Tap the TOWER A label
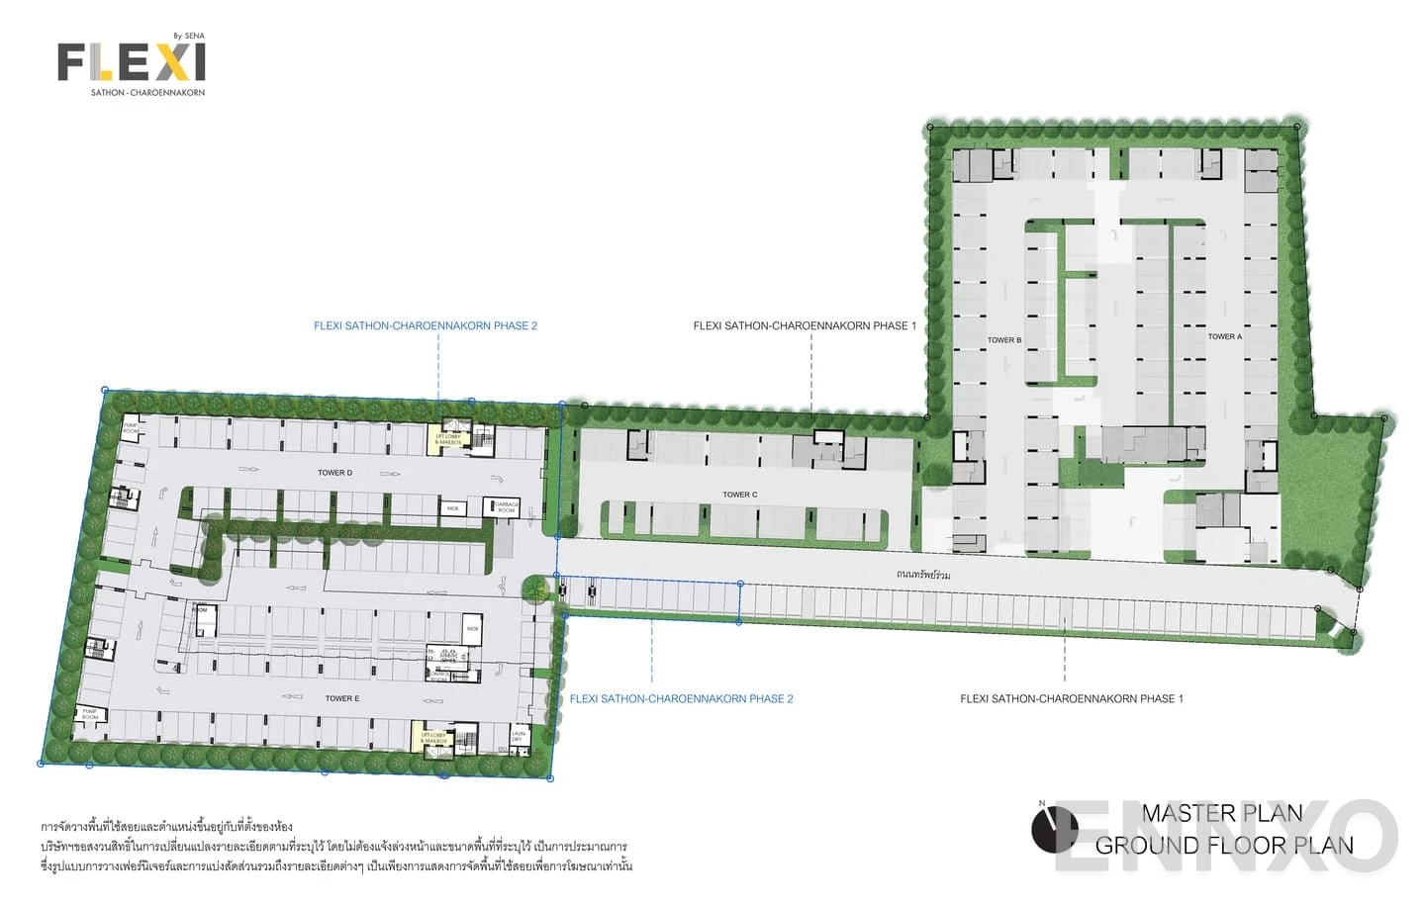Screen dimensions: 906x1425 1224,337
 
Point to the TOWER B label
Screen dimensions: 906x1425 1003,340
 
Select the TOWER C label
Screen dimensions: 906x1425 739,495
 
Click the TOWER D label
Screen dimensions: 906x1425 334,473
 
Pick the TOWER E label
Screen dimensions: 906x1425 341,698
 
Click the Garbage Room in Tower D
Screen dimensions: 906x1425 506,507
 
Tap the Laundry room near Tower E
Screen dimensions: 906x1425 518,737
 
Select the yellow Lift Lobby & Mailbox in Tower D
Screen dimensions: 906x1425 448,438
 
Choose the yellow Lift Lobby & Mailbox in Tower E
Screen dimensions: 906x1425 432,738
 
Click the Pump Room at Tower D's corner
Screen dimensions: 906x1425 131,428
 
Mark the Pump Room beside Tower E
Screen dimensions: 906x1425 90,714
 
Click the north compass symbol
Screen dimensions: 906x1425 1054,830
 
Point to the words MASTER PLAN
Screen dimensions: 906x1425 1221,813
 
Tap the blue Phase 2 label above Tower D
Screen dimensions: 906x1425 426,325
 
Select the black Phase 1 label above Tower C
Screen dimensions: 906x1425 805,325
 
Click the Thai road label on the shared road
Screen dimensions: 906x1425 922,575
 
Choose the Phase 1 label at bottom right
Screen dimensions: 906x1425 1071,698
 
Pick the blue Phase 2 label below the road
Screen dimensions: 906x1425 681,698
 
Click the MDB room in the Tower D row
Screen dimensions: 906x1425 452,508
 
